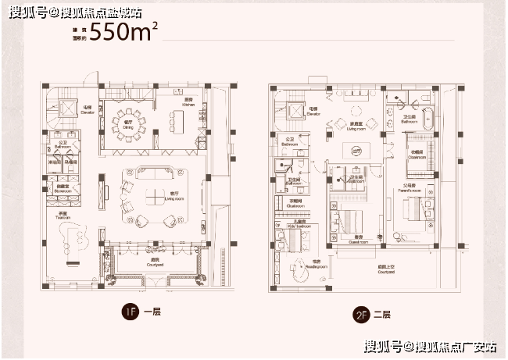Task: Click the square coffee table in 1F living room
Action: (x=156, y=185)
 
